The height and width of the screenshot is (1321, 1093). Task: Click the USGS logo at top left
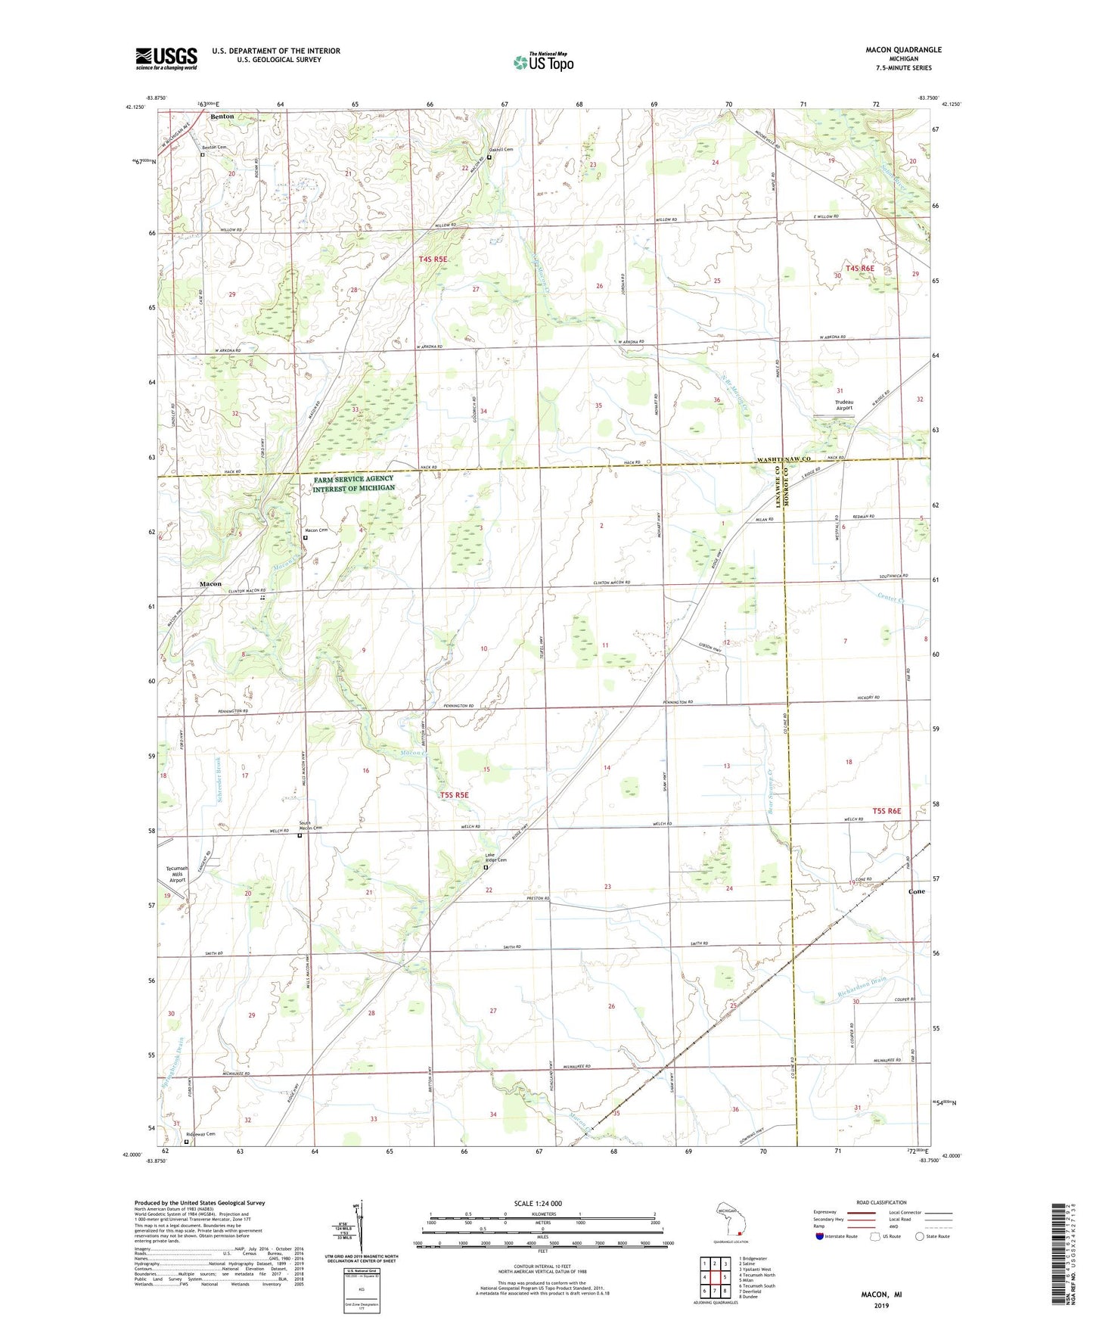pyautogui.click(x=166, y=58)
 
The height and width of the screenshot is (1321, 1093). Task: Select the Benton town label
pyautogui.click(x=222, y=117)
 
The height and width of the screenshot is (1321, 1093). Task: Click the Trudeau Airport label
pyautogui.click(x=843, y=405)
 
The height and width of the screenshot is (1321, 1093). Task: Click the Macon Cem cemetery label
pyautogui.click(x=317, y=530)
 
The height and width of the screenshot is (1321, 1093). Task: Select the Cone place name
pyautogui.click(x=916, y=891)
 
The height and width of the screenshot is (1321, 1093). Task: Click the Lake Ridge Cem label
pyautogui.click(x=495, y=859)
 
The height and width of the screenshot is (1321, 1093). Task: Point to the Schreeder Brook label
pyautogui.click(x=216, y=780)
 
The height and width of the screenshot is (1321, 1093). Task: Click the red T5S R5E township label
pyautogui.click(x=454, y=795)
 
